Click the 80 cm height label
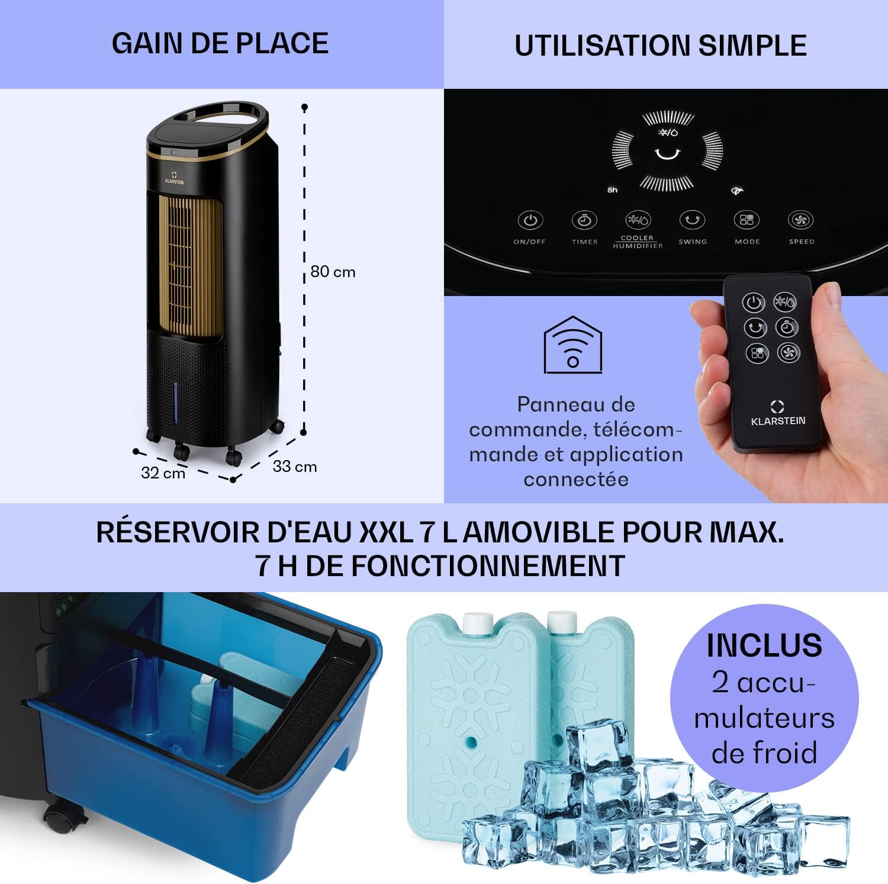tap(333, 272)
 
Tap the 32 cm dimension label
tap(163, 473)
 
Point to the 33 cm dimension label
tap(294, 467)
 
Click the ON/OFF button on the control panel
tap(530, 221)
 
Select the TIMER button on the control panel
tap(584, 221)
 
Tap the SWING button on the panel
tap(692, 221)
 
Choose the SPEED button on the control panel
tap(801, 221)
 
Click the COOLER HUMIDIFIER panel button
tap(638, 221)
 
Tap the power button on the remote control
tap(754, 303)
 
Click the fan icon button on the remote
tap(789, 353)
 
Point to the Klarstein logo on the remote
tap(777, 413)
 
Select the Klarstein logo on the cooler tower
tap(174, 178)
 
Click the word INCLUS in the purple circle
tap(764, 645)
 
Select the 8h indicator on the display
tap(612, 190)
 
